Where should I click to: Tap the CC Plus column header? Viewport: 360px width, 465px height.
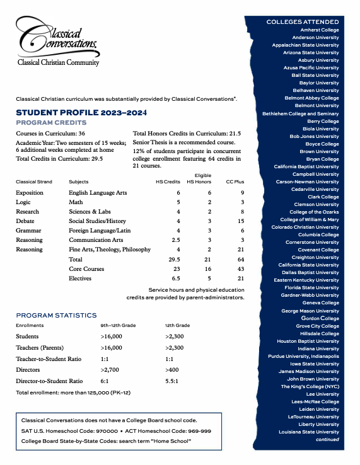pyautogui.click(x=235, y=181)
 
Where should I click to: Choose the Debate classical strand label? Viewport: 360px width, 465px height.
pyautogui.click(x=26, y=221)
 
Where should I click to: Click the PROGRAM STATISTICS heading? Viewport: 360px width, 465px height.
pyautogui.click(x=56, y=315)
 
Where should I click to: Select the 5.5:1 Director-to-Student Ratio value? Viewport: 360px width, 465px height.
pyautogui.click(x=175, y=381)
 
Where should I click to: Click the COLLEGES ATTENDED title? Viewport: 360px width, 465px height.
pyautogui.click(x=303, y=21)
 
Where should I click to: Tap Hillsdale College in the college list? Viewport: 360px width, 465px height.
pyautogui.click(x=317, y=333)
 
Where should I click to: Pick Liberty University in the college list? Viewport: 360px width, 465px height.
pyautogui.click(x=317, y=424)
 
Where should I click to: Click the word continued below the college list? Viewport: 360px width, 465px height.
pyautogui.click(x=327, y=439)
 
